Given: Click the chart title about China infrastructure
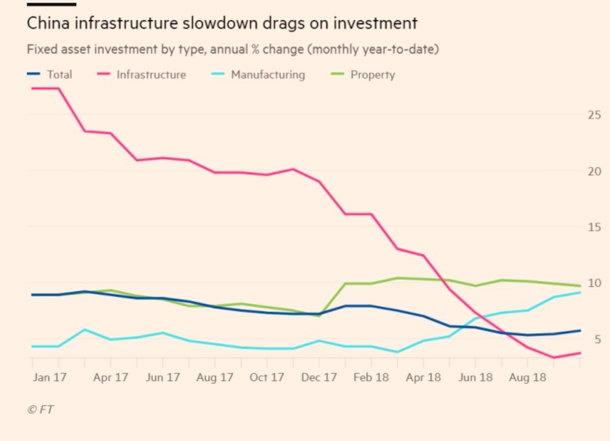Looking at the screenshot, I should (x=222, y=23).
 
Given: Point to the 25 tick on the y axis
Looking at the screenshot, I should (x=594, y=115).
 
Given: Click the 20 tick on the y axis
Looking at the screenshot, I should (x=594, y=171).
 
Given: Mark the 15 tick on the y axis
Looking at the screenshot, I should (x=594, y=227).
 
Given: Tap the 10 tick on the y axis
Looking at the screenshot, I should (x=594, y=283).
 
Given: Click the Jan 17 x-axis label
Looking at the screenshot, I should (x=51, y=377).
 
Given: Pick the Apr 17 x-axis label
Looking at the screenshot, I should (x=110, y=377).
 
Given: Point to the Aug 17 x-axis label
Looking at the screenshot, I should (x=215, y=377).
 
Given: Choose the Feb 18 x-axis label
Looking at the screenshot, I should (x=371, y=377).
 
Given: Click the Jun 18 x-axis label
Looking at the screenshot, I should (x=476, y=377).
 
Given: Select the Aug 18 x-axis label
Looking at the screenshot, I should (x=527, y=377).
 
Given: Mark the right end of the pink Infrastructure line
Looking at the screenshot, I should (x=580, y=353).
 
